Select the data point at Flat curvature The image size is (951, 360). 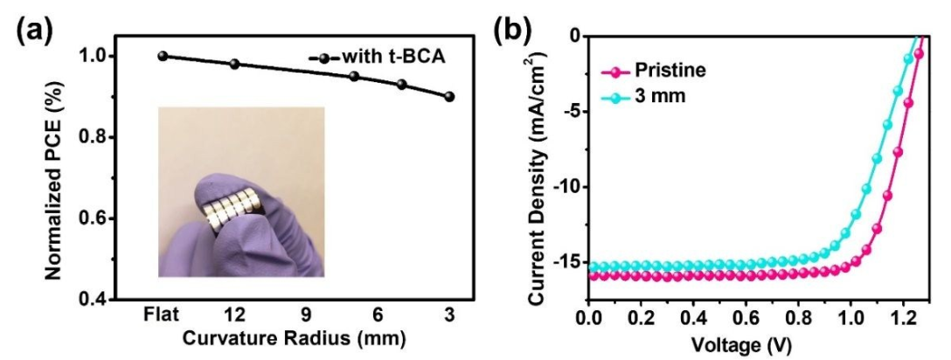(162, 56)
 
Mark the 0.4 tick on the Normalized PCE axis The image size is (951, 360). (109, 299)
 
